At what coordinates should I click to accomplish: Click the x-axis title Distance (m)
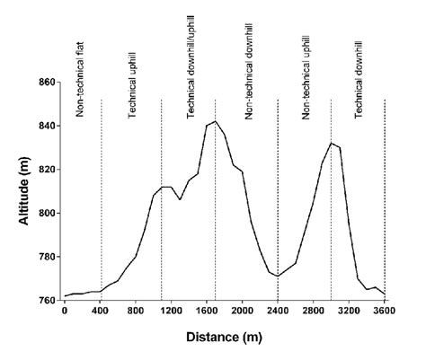[224, 338]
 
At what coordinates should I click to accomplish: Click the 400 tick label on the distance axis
[101, 312]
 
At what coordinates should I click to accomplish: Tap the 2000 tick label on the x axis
[242, 312]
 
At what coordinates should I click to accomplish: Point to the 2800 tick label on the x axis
[313, 312]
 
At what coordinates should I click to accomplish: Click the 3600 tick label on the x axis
[384, 312]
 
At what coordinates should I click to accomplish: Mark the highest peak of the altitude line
[216, 121]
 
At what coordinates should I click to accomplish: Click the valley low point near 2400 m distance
[278, 276]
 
